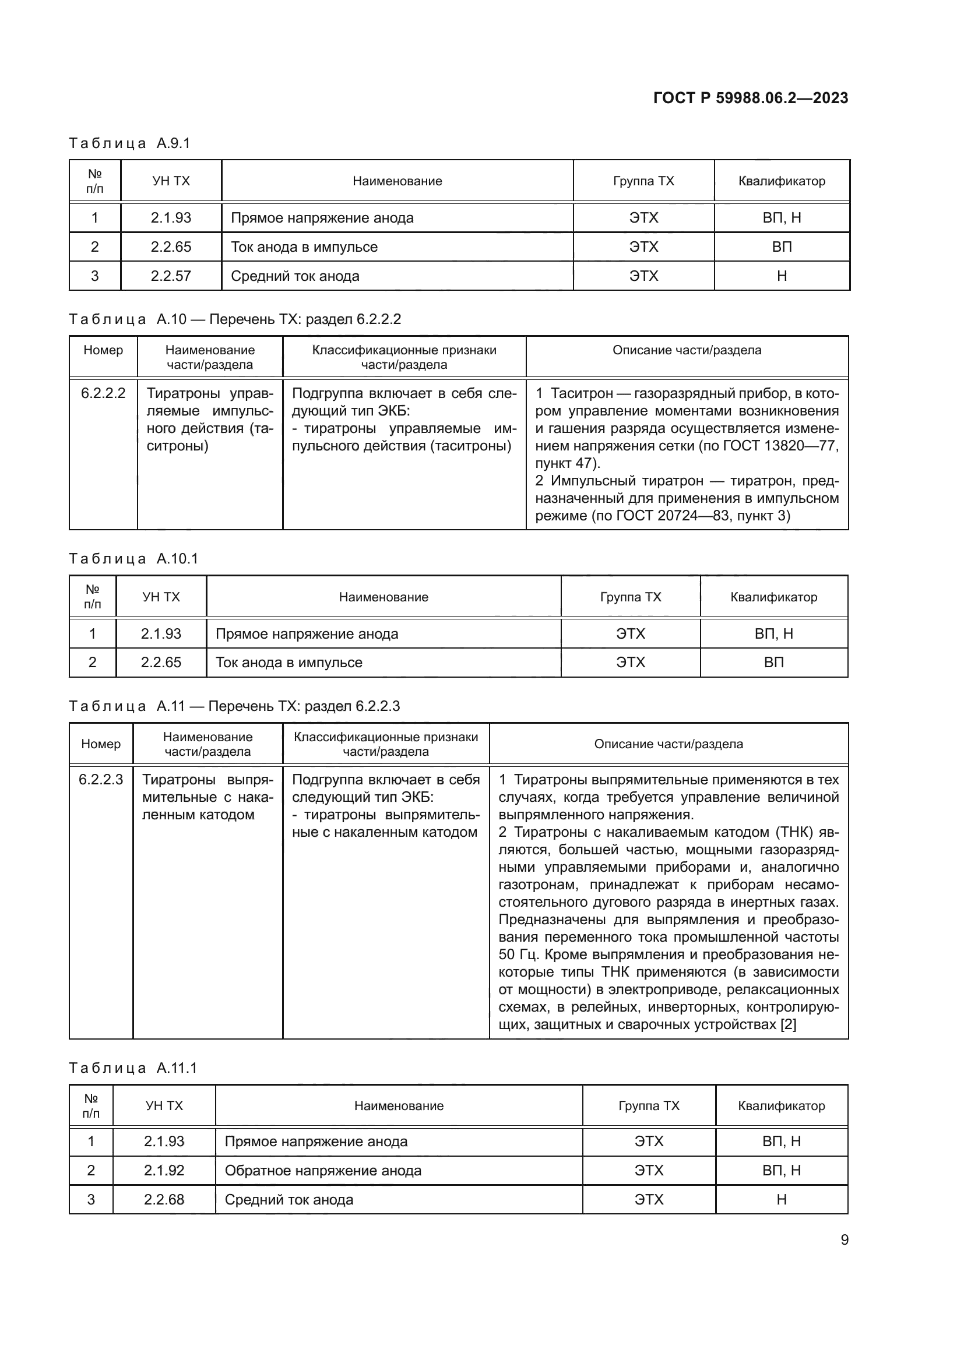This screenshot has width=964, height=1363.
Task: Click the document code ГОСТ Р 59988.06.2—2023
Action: click(750, 98)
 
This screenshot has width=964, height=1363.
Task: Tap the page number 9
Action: click(844, 1239)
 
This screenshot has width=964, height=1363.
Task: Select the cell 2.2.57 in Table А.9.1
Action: click(171, 276)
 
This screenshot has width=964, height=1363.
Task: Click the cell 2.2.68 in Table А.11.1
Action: click(164, 1199)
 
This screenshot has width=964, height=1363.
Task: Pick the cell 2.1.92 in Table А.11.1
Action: click(164, 1170)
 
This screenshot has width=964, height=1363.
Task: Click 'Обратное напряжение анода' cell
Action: click(323, 1170)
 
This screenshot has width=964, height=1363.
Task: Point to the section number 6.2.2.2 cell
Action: click(103, 393)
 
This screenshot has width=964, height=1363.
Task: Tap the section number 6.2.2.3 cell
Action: click(101, 780)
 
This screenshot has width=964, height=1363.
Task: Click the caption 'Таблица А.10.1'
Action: click(133, 559)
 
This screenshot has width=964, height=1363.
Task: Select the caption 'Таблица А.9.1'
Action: click(129, 143)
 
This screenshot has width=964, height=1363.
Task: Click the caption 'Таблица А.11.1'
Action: click(132, 1068)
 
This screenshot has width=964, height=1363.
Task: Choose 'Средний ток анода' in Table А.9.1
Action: click(295, 276)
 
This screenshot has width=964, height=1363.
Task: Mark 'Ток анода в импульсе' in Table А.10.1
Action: click(289, 663)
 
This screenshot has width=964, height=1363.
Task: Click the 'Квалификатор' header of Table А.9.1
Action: click(781, 181)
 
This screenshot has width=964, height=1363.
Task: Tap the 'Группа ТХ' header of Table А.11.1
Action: click(648, 1105)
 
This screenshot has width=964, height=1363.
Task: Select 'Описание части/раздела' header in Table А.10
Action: click(686, 350)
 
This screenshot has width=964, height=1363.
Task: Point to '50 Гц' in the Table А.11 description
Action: click(519, 955)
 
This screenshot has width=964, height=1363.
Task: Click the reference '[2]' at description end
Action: click(789, 1024)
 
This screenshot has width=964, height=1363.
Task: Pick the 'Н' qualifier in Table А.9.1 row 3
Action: click(781, 276)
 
